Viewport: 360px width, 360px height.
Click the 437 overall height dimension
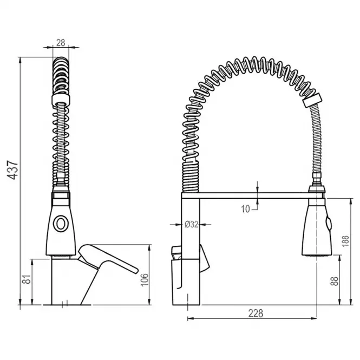pyautogui.click(x=12, y=170)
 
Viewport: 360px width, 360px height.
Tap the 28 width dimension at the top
pyautogui.click(x=61, y=43)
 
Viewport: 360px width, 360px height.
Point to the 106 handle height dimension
pyautogui.click(x=145, y=280)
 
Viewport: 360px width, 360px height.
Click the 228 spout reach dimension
pyautogui.click(x=256, y=313)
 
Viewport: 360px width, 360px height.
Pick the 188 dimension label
pyautogui.click(x=345, y=241)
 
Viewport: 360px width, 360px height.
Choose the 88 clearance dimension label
pyautogui.click(x=335, y=282)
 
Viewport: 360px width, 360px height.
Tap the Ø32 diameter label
pyautogui.click(x=191, y=224)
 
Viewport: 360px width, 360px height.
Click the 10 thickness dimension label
pyautogui.click(x=245, y=209)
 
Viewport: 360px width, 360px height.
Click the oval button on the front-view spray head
pyautogui.click(x=61, y=224)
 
